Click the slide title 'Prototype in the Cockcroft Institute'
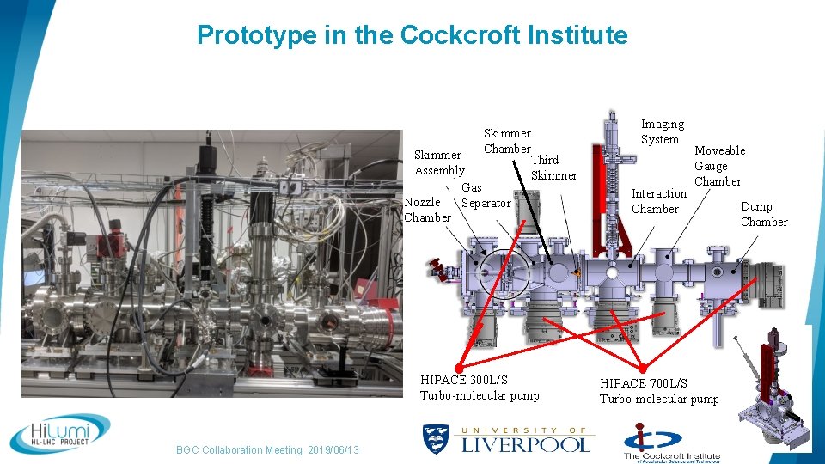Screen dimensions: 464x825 point(412,35)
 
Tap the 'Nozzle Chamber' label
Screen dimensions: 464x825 point(427,210)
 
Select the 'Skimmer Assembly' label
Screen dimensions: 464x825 point(439,162)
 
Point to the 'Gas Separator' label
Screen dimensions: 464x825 point(486,195)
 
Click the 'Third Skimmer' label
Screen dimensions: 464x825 point(553,168)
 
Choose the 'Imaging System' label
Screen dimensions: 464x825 point(663,131)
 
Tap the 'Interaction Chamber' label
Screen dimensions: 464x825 point(659,201)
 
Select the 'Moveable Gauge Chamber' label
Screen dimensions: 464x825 point(719,166)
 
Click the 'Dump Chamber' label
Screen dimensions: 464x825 point(763,214)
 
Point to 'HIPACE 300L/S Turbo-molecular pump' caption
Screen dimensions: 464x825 point(479,388)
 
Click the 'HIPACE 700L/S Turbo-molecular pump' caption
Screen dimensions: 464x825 point(658,391)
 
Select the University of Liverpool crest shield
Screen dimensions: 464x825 point(436,439)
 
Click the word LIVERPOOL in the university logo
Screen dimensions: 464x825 point(526,444)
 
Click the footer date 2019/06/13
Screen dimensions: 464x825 point(333,450)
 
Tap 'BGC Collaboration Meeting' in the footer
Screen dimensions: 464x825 point(239,450)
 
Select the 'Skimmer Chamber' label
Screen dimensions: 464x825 point(507,141)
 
